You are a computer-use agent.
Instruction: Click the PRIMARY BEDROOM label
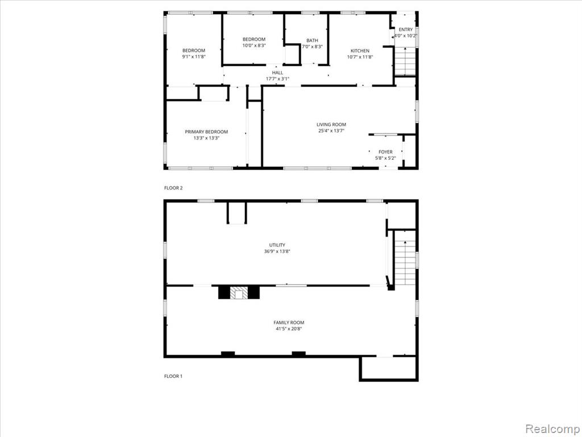point(206,132)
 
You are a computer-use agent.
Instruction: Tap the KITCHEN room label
point(360,51)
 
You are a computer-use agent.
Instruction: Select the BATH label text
point(312,40)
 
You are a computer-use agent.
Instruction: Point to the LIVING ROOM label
point(331,125)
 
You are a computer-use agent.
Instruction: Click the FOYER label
point(385,152)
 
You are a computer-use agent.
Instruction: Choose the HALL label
point(277,73)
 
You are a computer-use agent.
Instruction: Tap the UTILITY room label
point(277,245)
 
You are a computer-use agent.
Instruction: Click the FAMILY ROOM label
point(289,323)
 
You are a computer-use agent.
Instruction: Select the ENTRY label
point(405,30)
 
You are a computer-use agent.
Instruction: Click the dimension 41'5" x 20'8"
point(288,329)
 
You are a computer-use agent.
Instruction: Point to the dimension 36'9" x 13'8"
point(277,252)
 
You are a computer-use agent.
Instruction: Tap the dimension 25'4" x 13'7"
point(331,131)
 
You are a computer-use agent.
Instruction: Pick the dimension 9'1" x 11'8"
point(194,57)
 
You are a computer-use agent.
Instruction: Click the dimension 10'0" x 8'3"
point(254,46)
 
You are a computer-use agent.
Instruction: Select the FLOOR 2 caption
point(173,188)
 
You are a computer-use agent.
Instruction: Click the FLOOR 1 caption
point(173,376)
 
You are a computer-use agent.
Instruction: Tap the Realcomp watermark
point(552,429)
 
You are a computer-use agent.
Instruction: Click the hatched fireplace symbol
point(239,292)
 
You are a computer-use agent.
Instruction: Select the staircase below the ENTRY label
point(405,61)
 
